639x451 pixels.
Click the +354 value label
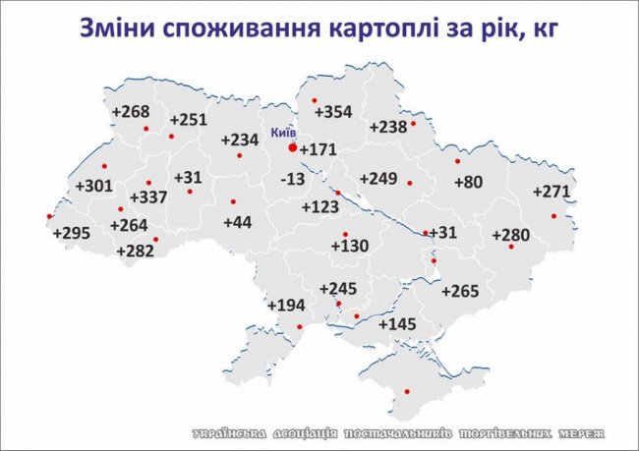[331, 113]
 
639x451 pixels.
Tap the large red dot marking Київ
[292, 147]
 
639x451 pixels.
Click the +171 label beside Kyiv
[318, 150]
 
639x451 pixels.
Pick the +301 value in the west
[94, 186]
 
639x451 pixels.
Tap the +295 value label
[71, 233]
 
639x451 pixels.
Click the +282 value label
[135, 252]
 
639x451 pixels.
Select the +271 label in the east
[552, 192]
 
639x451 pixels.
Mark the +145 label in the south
[397, 324]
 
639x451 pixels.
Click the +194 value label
[286, 307]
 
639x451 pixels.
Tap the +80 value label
[468, 182]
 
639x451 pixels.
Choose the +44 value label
[238, 223]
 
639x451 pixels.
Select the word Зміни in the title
[114, 28]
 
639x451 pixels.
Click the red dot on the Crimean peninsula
[405, 391]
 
